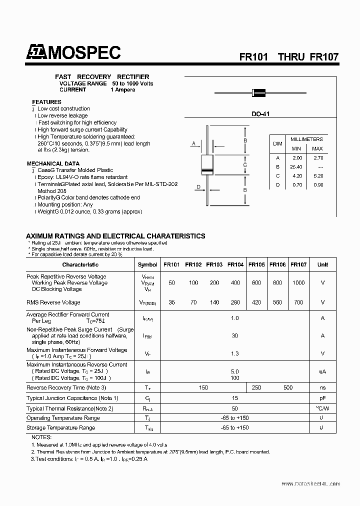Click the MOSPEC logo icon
(x=36, y=52)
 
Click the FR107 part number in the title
(x=324, y=56)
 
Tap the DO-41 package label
(x=260, y=114)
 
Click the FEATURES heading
(x=46, y=102)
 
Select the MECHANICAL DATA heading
(x=52, y=163)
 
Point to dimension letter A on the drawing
(x=193, y=144)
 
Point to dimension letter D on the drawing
(x=198, y=187)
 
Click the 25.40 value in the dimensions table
(x=296, y=167)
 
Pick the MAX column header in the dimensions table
(x=317, y=148)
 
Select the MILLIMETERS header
(x=306, y=139)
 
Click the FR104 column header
(x=235, y=264)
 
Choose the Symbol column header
(x=147, y=264)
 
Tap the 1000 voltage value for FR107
(x=298, y=283)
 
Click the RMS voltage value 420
(x=256, y=302)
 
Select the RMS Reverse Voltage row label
(x=53, y=302)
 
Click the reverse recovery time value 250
(x=256, y=387)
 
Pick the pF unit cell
(x=322, y=398)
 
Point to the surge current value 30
(x=234, y=336)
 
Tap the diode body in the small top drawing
(x=258, y=92)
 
